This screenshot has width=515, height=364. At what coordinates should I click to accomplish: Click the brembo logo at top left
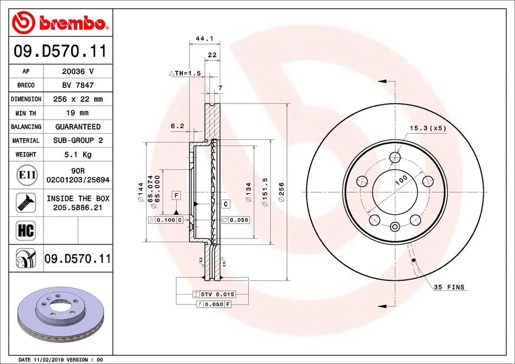[59, 23]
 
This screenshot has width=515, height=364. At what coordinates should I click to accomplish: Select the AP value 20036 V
[78, 71]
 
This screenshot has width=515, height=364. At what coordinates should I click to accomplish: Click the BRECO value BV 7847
[78, 85]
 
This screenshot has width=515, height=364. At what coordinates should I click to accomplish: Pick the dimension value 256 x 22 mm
[78, 99]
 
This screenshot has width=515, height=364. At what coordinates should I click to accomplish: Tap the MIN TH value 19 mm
[78, 113]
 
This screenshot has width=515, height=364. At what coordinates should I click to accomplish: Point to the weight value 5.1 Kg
[78, 155]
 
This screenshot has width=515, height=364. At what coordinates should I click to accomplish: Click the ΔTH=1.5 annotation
[185, 73]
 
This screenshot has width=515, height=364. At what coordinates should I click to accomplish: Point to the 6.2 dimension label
[177, 126]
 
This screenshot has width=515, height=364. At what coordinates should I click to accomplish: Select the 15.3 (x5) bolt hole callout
[427, 128]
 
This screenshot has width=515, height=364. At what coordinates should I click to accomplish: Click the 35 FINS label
[449, 287]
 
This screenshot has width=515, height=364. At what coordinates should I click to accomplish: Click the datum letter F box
[176, 195]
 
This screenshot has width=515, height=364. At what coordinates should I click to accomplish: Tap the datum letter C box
[226, 204]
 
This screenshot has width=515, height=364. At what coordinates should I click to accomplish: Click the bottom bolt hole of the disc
[395, 226]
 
